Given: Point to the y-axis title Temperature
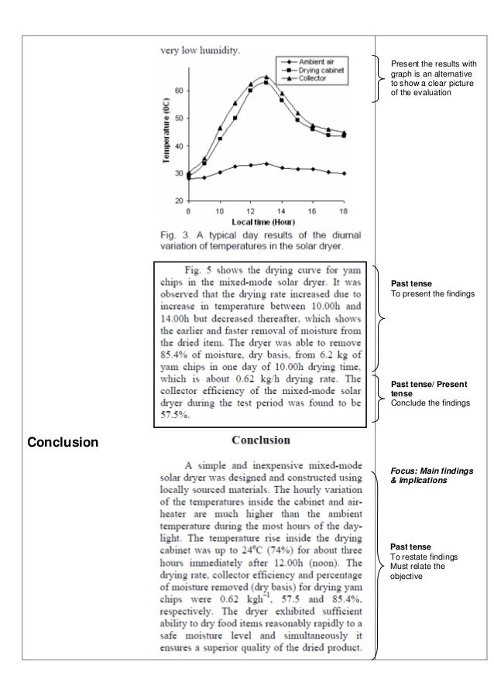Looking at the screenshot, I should pyautogui.click(x=166, y=135).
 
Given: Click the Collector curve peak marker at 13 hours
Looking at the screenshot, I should pyautogui.click(x=266, y=77).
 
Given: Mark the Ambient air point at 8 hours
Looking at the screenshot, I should pyautogui.click(x=189, y=178).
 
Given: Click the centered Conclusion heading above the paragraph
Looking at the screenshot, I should pyautogui.click(x=261, y=440).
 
